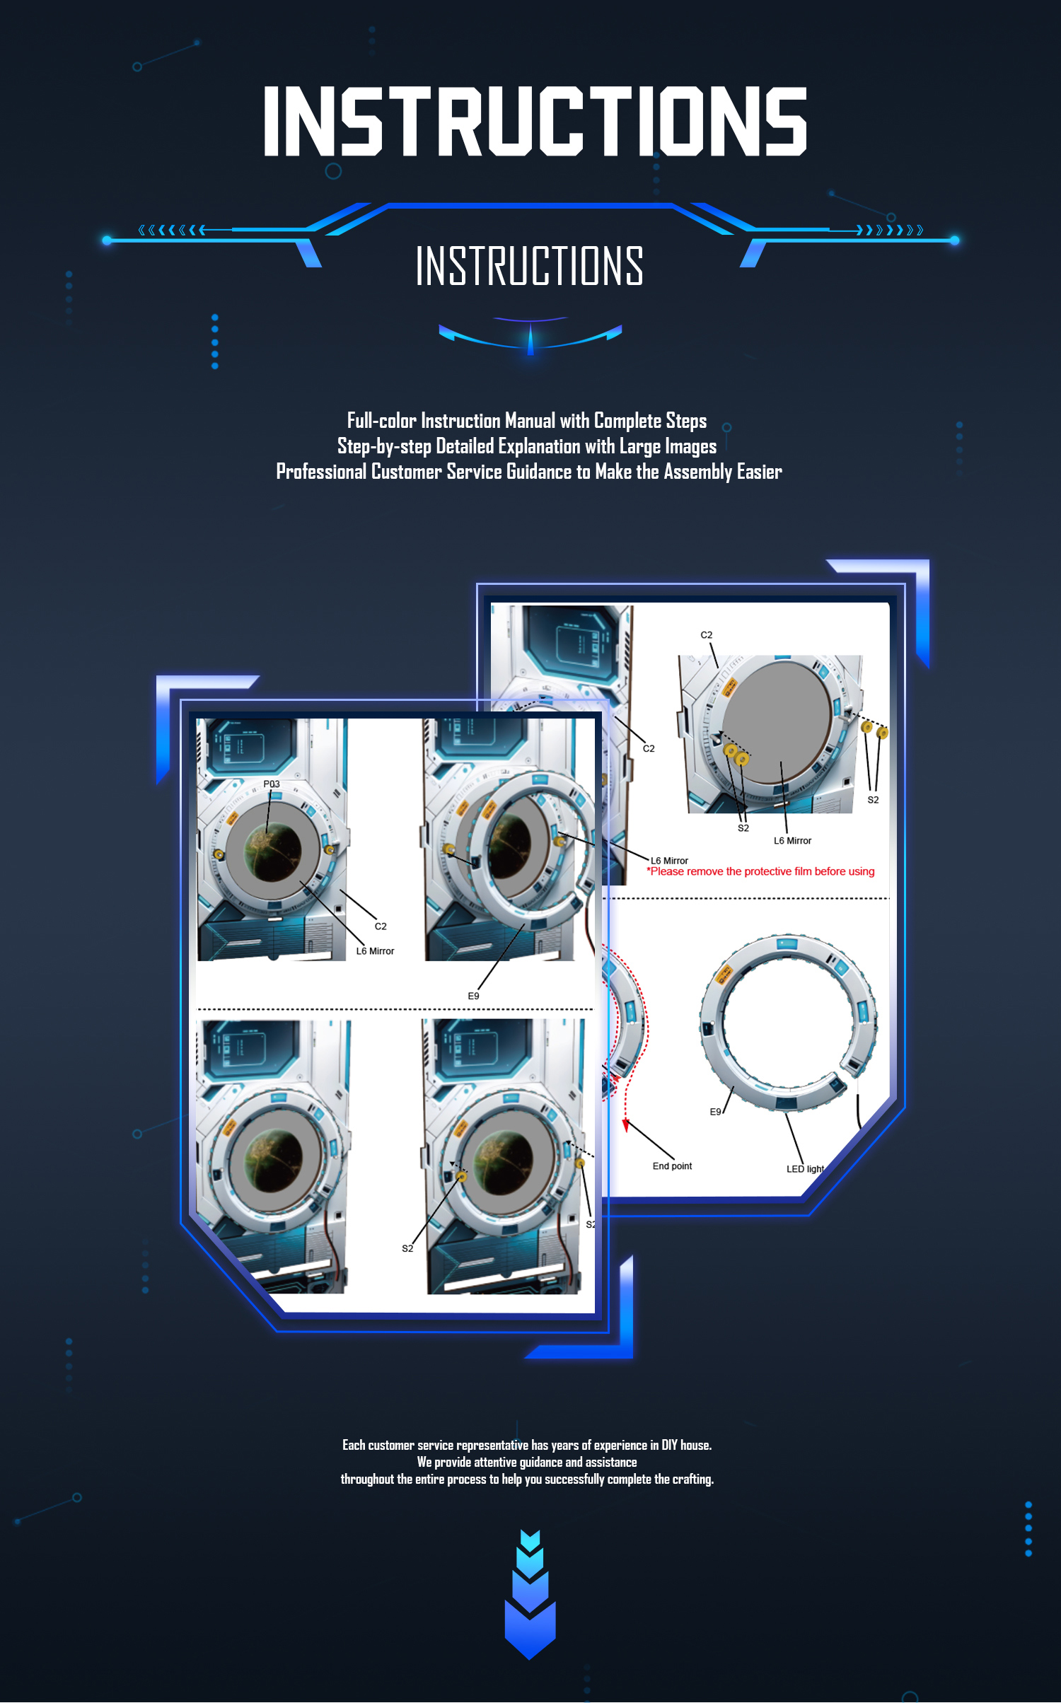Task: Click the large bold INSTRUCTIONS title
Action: point(535,121)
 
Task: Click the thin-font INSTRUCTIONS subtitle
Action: point(530,266)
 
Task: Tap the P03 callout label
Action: point(272,784)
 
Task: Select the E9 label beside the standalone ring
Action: point(715,1112)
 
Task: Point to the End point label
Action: point(672,1166)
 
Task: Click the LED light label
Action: point(805,1169)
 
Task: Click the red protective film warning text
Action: point(760,871)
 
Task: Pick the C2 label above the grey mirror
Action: point(706,635)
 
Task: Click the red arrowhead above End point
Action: point(625,1125)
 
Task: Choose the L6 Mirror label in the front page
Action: point(375,951)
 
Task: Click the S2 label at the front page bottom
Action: point(407,1248)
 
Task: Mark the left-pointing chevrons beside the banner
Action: point(172,230)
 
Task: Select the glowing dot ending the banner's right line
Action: point(954,240)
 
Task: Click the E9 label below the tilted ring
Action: point(473,996)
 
